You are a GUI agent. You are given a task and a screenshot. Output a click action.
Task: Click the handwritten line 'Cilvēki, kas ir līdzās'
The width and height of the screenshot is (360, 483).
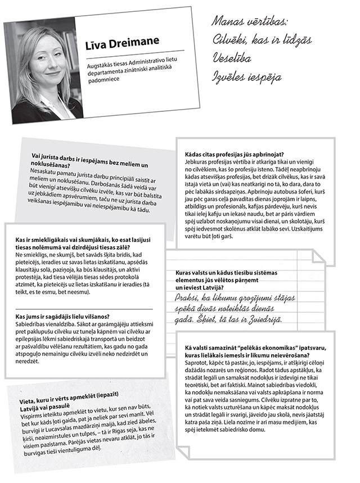pos(262,40)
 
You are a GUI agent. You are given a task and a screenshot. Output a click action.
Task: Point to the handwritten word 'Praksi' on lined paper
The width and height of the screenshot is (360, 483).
pos(191,296)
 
